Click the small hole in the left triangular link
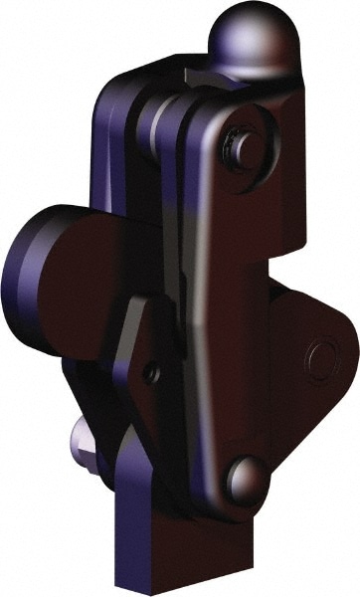coord(151,373)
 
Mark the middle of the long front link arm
coord(234,308)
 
